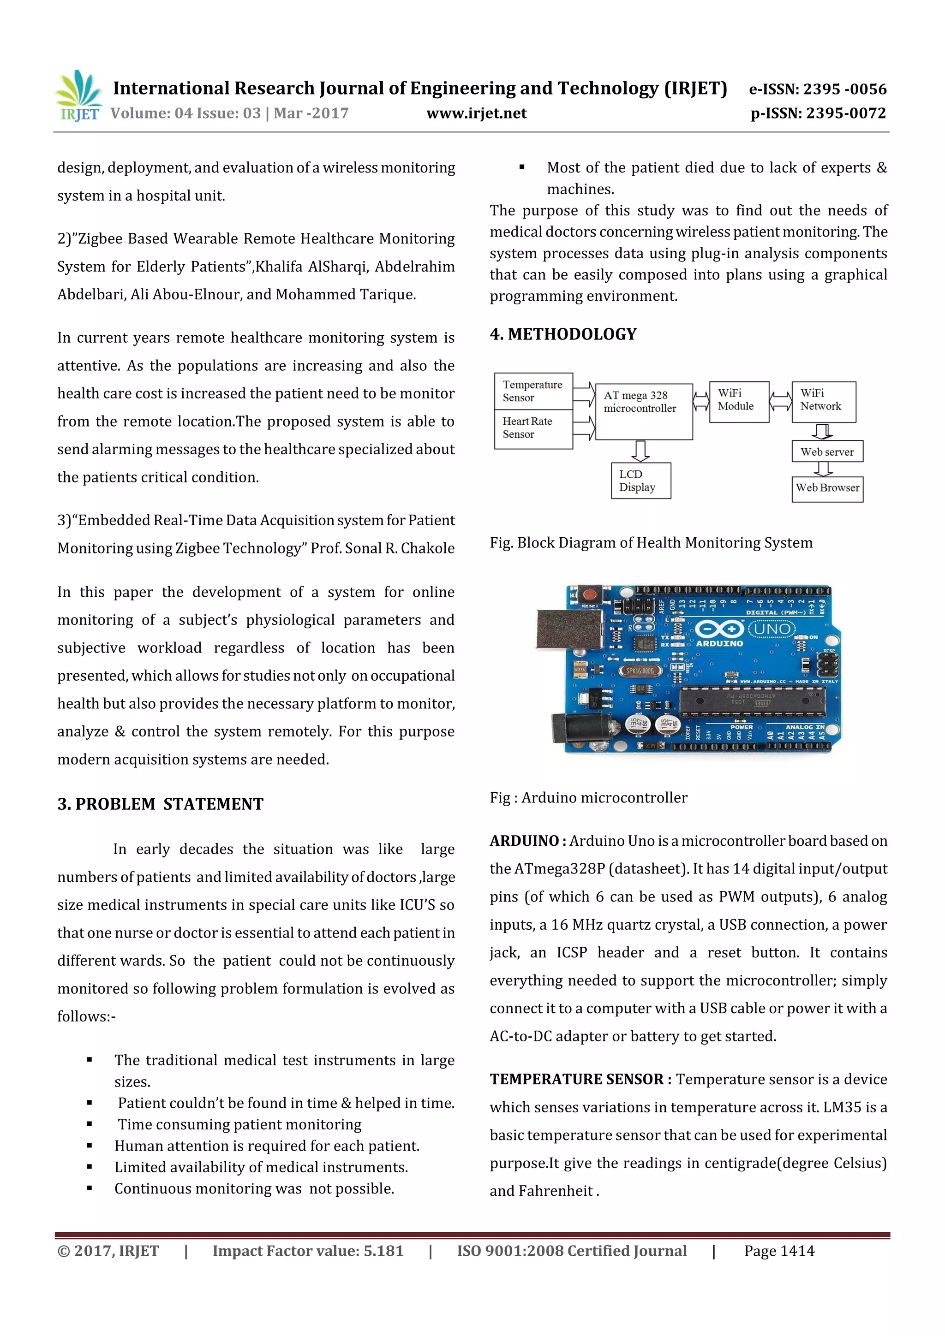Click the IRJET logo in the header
pos(78,96)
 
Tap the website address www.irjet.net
pos(476,113)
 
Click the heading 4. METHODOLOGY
pos(563,334)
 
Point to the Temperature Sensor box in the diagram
pos(533,391)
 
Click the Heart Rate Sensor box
pos(533,428)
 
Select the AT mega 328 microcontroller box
pos(643,411)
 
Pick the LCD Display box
pos(640,481)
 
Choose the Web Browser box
pos(827,488)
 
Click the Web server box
pos(827,451)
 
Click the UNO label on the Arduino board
pos(772,629)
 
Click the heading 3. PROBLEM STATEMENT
pos(160,804)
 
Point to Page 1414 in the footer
pos(779,1251)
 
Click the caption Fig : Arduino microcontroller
pos(588,798)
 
